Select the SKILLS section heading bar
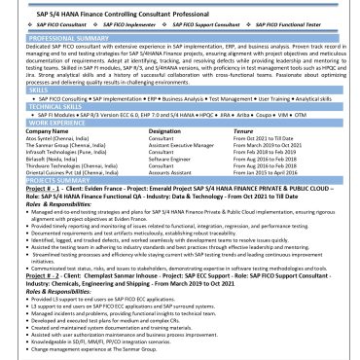39,90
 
